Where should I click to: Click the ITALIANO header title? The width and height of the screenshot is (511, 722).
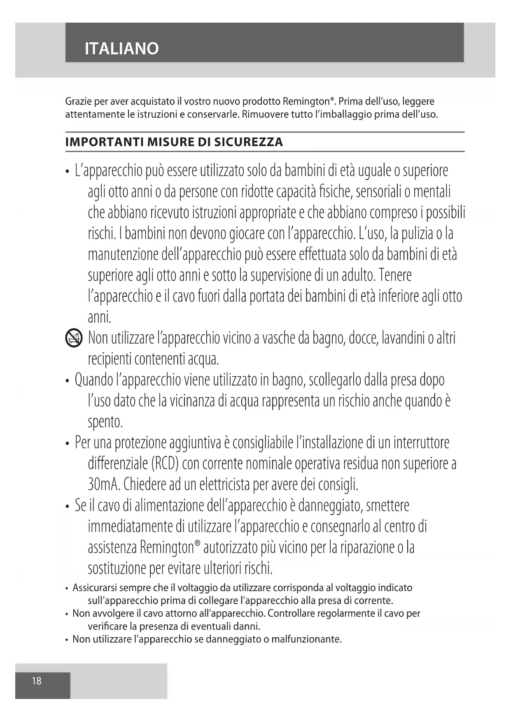pyautogui.click(x=121, y=49)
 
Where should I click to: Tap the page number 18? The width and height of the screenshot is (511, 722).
pyautogui.click(x=37, y=681)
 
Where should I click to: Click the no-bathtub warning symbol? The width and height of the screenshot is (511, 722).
pyautogui.click(x=74, y=339)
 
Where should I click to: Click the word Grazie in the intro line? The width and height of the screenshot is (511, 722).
pyautogui.click(x=78, y=101)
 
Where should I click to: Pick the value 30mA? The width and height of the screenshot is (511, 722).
pyautogui.click(x=103, y=484)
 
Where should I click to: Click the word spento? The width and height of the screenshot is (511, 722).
pyautogui.click(x=105, y=422)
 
